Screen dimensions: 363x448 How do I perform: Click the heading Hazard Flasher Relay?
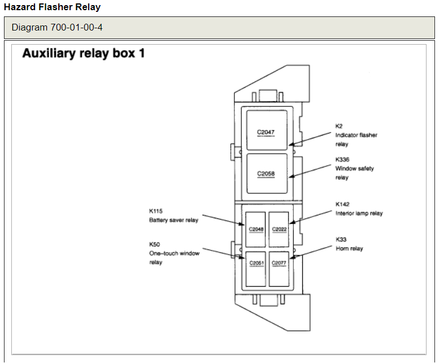tap(53, 7)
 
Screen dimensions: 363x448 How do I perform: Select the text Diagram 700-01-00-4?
tap(57, 27)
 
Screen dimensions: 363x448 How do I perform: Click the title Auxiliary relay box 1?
tap(84, 54)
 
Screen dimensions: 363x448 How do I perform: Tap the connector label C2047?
tap(266, 132)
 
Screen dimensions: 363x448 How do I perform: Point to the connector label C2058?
tap(266, 174)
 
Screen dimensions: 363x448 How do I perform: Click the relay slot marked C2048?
tap(256, 229)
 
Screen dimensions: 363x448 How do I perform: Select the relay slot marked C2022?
tap(279, 229)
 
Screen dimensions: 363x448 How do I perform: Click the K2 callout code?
tap(339, 126)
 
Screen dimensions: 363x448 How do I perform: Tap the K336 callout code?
tap(342, 159)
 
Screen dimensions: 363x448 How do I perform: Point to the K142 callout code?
tap(342, 204)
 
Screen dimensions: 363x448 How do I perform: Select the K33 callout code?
tap(341, 240)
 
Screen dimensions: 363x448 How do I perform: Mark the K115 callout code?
tap(155, 211)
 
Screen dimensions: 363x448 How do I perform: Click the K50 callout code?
tap(154, 244)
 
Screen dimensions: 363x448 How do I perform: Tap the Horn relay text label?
tap(349, 249)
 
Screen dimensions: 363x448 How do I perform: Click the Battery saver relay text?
tap(173, 220)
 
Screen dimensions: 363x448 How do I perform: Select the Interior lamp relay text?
tap(359, 213)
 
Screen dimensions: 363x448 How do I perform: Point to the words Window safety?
tap(355, 168)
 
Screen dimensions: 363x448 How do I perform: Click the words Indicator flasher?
tap(356, 135)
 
